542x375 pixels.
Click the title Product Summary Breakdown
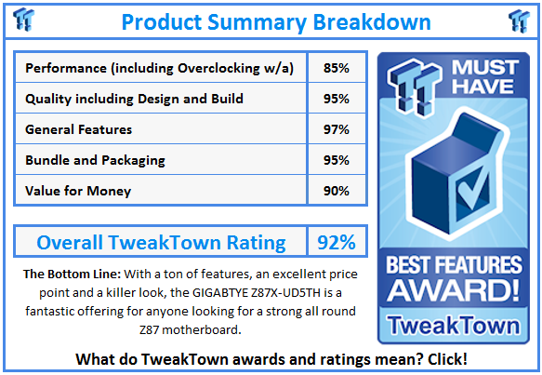pos(276,20)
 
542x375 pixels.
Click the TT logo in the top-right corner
pos(519,20)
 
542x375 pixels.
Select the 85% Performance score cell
pos(336,68)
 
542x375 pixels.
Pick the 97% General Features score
pos(336,129)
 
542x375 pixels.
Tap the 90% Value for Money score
pos(336,190)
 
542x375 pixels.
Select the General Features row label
pos(79,129)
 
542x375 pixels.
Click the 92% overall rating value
pos(336,243)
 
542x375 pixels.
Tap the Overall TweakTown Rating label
pos(161,243)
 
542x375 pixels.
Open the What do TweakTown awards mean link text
pos(271,359)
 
